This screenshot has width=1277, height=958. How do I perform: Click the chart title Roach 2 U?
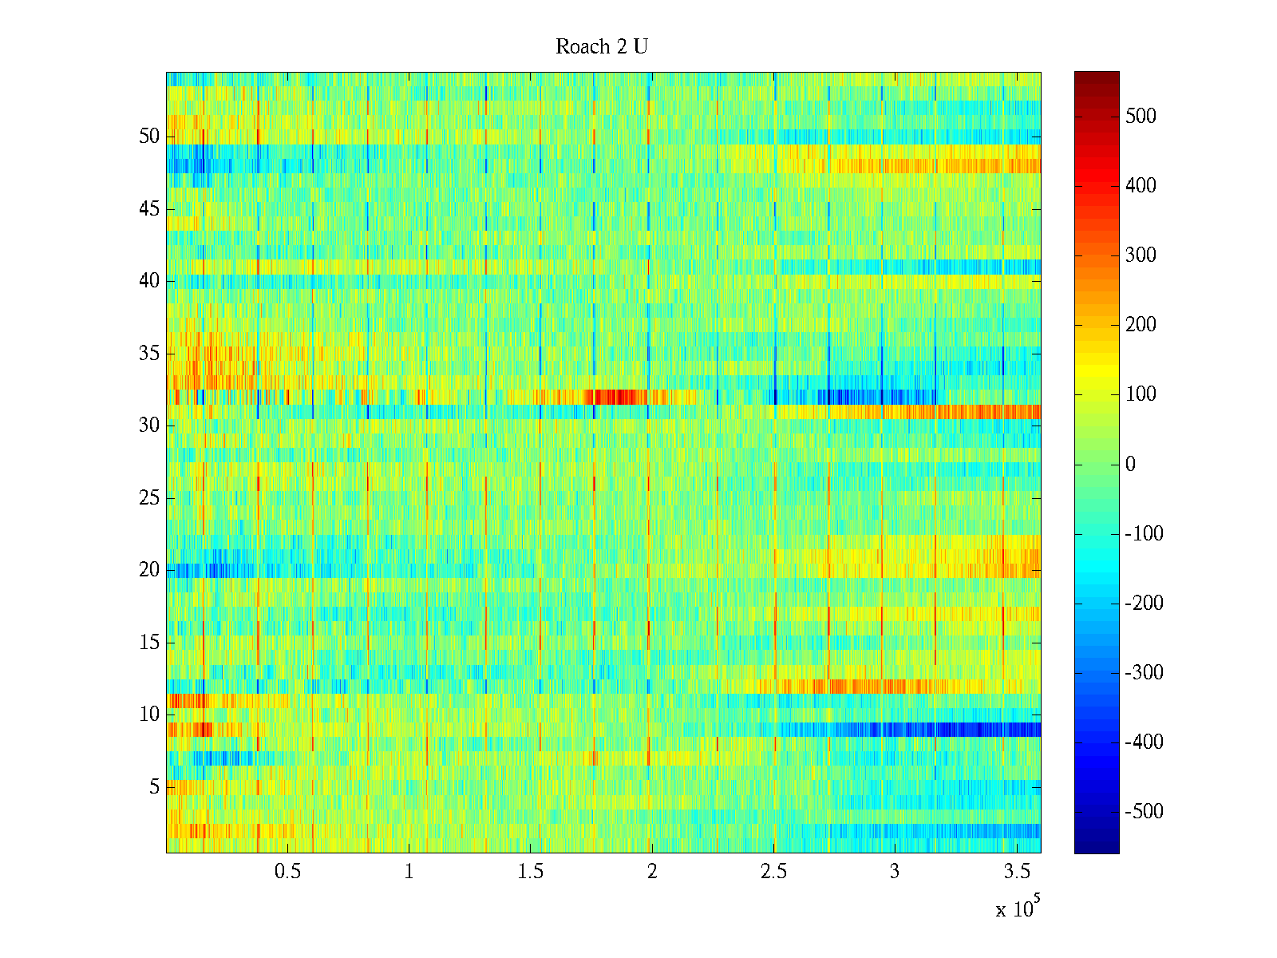point(602,47)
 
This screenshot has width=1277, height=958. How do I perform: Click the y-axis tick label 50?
point(149,137)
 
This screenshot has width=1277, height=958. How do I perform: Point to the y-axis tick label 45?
point(149,209)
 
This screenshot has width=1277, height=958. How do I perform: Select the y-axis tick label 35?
point(149,354)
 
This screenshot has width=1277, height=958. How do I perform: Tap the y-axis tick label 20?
point(149,570)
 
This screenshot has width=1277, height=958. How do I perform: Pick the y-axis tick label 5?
point(154,787)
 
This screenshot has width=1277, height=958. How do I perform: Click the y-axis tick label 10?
point(149,715)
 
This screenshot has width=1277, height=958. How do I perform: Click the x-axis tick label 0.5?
point(288,872)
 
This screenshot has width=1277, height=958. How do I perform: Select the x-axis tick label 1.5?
point(531,872)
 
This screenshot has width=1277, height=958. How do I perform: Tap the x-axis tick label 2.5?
point(773,872)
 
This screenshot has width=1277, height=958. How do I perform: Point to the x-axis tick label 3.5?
point(1016,872)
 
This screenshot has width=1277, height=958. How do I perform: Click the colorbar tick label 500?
point(1141,117)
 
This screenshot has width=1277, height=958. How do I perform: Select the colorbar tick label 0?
point(1130,465)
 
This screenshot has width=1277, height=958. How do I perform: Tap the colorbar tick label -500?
point(1144,812)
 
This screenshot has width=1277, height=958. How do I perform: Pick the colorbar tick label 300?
point(1141,255)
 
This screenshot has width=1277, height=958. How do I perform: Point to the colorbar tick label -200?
point(1144,604)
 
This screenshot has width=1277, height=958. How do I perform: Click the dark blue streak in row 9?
point(958,730)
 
